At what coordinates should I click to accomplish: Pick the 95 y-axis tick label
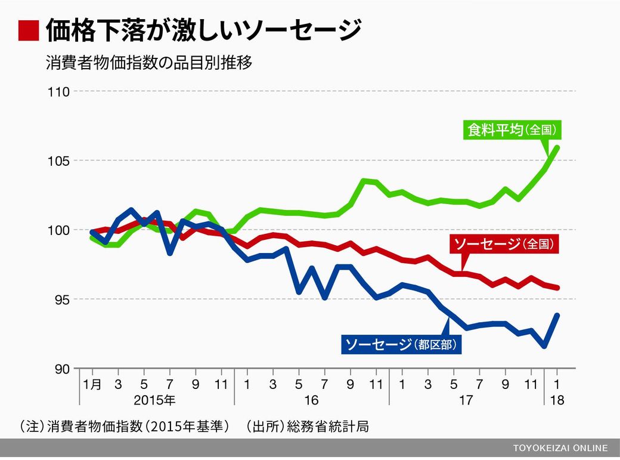tap(62, 300)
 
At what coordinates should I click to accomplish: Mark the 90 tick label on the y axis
tap(62, 369)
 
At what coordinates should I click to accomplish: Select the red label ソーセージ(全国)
tap(504, 244)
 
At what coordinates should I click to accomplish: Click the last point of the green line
tap(557, 147)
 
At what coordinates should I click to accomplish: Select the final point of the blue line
tap(557, 315)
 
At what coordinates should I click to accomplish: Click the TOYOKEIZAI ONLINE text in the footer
tap(560, 448)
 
